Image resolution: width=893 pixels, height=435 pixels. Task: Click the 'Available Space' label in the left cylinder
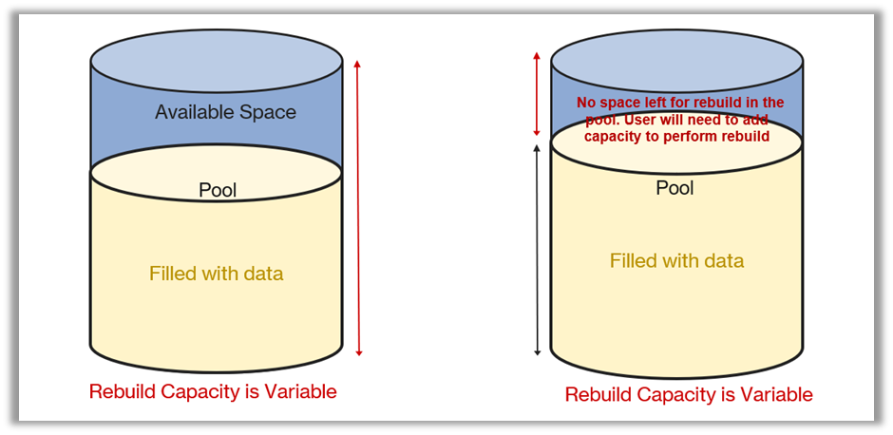(225, 112)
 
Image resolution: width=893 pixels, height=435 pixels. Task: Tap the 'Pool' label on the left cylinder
(218, 190)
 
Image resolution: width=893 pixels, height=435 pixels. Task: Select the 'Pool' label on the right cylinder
(674, 188)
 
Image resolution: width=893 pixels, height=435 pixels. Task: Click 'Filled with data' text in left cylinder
(216, 274)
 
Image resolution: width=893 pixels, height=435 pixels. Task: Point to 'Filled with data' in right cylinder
(676, 260)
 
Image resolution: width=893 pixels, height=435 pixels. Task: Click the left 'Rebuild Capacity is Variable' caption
(213, 391)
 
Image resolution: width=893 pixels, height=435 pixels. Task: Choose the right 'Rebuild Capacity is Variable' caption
(689, 394)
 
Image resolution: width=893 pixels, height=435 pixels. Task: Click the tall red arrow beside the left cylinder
(358, 208)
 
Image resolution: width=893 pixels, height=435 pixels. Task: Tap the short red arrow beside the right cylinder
(538, 95)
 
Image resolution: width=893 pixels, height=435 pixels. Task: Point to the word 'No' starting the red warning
(587, 103)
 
